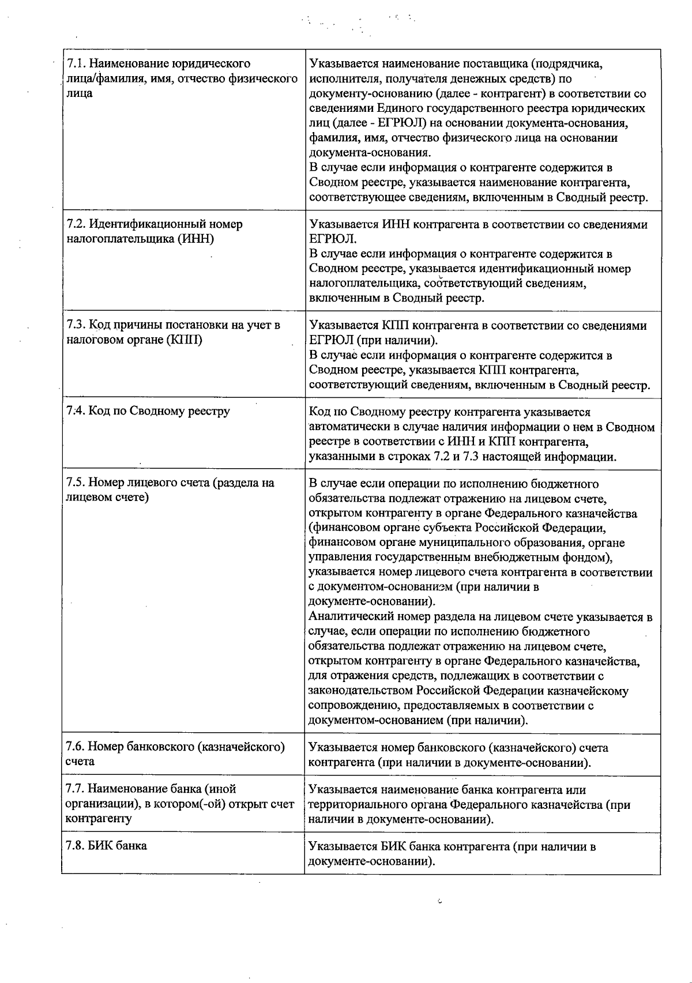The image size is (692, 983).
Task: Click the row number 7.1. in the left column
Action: [76, 63]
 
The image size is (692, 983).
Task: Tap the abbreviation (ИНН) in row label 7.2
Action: [195, 239]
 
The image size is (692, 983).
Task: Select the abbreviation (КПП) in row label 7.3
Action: [184, 340]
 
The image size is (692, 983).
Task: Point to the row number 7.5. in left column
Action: [76, 483]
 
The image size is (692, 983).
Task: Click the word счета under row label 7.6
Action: [80, 761]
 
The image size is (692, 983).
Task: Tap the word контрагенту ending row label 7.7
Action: [99, 818]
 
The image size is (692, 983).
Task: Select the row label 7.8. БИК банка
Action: [107, 846]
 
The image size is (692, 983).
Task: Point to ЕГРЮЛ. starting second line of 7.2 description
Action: [333, 239]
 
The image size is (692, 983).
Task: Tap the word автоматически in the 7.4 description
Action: [348, 427]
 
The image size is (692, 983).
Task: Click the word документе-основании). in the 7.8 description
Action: [371, 861]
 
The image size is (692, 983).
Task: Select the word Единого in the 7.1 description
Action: [396, 108]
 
